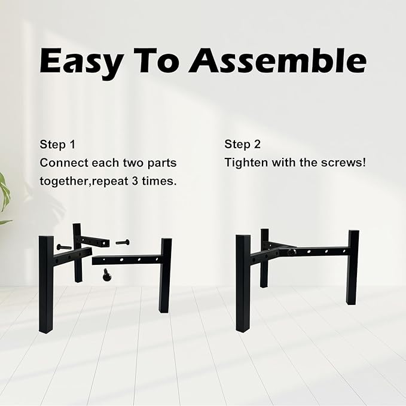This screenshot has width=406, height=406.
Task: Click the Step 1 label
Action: pos(57,145)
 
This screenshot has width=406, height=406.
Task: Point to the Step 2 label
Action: pos(242,144)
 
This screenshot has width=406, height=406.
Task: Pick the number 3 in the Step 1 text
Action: pos(135,181)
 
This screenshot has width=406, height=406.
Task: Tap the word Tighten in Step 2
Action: pos(246,163)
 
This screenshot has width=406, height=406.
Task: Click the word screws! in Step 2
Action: pos(344,163)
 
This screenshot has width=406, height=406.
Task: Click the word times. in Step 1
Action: pos(159,181)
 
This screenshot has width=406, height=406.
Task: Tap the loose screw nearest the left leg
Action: pos(64,247)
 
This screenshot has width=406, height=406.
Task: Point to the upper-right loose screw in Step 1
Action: pos(123,242)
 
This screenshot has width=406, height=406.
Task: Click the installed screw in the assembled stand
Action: pos(292,251)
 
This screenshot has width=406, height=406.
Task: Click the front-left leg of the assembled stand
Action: pos(243,283)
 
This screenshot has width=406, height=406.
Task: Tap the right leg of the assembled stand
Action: pos(353,267)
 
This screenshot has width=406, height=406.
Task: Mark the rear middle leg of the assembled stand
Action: pos(264,258)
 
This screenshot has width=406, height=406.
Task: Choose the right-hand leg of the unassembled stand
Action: pos(165,276)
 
